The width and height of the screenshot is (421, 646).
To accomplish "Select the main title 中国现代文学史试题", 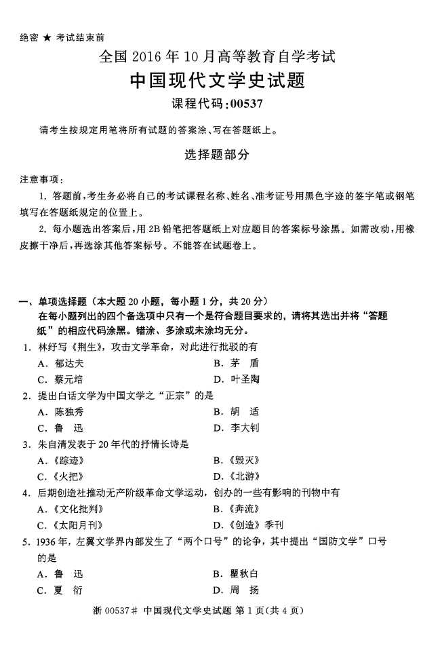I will (217, 81).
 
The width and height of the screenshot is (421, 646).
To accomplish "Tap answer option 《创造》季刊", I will (253, 525).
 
